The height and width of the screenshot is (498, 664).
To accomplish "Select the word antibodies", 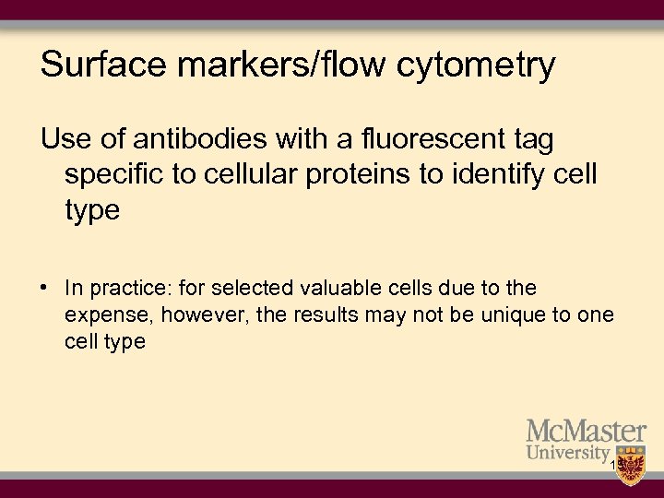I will [205, 139].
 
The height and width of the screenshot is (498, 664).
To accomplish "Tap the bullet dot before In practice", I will [44, 289].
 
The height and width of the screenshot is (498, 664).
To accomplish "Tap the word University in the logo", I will [568, 453].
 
